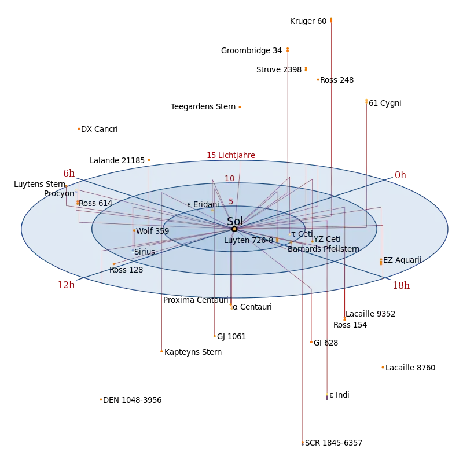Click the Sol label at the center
[x=235, y=221]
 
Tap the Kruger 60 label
[x=308, y=21]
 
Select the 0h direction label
[x=400, y=175]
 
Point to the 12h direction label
[x=66, y=285]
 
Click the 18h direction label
[x=401, y=285]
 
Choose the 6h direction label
[x=69, y=173]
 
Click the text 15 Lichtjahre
[x=231, y=155]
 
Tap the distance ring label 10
[x=229, y=179]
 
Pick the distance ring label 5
[x=231, y=201]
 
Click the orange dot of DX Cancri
[x=79, y=129]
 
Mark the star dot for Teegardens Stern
[x=240, y=107]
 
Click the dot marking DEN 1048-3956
[x=101, y=400]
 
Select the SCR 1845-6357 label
[x=333, y=443]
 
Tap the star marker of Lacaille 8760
[x=383, y=368]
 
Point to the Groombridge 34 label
[x=251, y=51]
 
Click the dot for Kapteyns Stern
[x=161, y=351]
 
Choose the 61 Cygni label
[x=385, y=104]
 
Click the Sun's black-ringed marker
[x=234, y=229]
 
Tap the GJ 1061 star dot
[x=215, y=336]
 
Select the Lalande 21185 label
[x=117, y=161]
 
